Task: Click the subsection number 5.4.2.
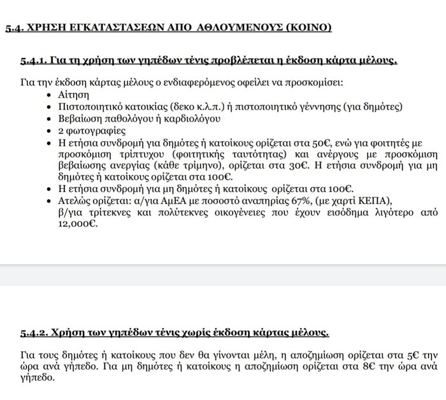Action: click(x=33, y=333)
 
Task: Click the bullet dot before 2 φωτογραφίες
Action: click(x=52, y=130)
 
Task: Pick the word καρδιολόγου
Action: click(x=195, y=118)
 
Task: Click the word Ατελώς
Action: click(x=75, y=200)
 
